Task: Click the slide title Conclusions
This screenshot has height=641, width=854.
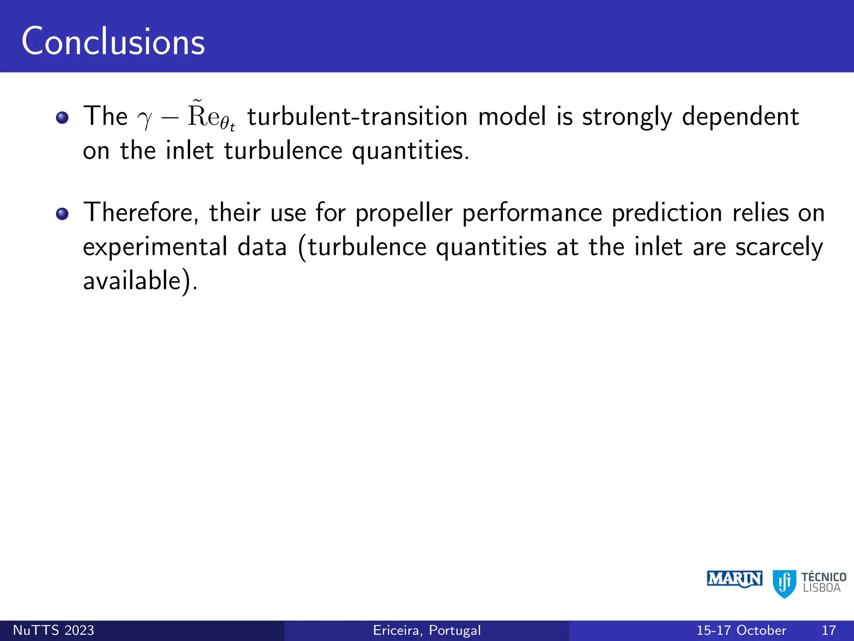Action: pyautogui.click(x=113, y=42)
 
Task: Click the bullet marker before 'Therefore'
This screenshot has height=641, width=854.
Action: pyautogui.click(x=62, y=214)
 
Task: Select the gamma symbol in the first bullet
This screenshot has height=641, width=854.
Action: pyautogui.click(x=145, y=119)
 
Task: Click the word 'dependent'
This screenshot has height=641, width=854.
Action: pyautogui.click(x=740, y=116)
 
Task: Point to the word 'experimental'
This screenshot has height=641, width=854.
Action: pyautogui.click(x=155, y=247)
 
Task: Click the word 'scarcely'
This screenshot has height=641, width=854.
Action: pyautogui.click(x=779, y=247)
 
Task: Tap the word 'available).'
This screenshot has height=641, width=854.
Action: pyautogui.click(x=140, y=281)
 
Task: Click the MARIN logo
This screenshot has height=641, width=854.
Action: pyautogui.click(x=734, y=579)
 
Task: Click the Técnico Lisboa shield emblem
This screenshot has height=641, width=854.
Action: pyautogui.click(x=784, y=583)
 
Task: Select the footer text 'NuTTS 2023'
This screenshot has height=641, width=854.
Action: pyautogui.click(x=53, y=630)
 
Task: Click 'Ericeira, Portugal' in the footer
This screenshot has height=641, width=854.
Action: pyautogui.click(x=427, y=630)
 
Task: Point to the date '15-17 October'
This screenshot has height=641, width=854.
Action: pyautogui.click(x=741, y=630)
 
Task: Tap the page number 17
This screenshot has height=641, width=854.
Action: pyautogui.click(x=829, y=630)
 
